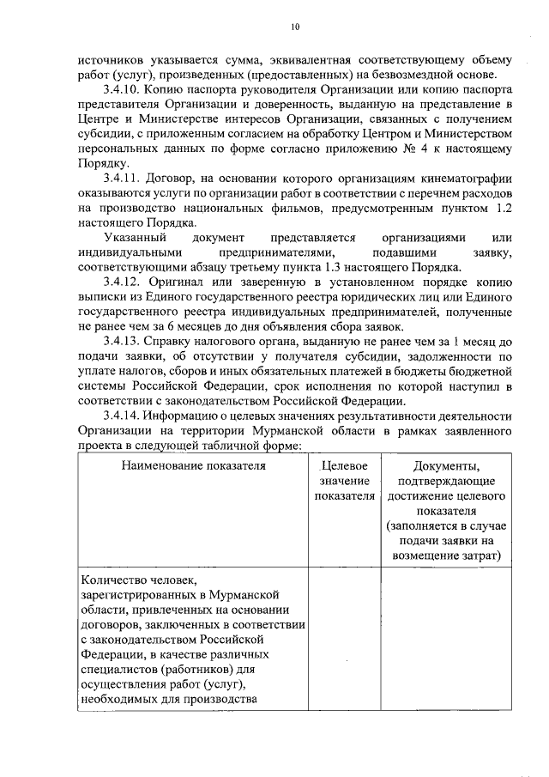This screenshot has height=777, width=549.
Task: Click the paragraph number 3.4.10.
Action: coord(122,88)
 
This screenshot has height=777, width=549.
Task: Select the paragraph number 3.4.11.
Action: coord(122,178)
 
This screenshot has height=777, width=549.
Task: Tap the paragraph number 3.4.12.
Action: coord(122,281)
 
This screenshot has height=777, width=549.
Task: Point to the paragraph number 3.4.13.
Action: coord(122,341)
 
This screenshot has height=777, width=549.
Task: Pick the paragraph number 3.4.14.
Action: coord(122,416)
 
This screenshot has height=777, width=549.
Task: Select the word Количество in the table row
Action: coord(110,578)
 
